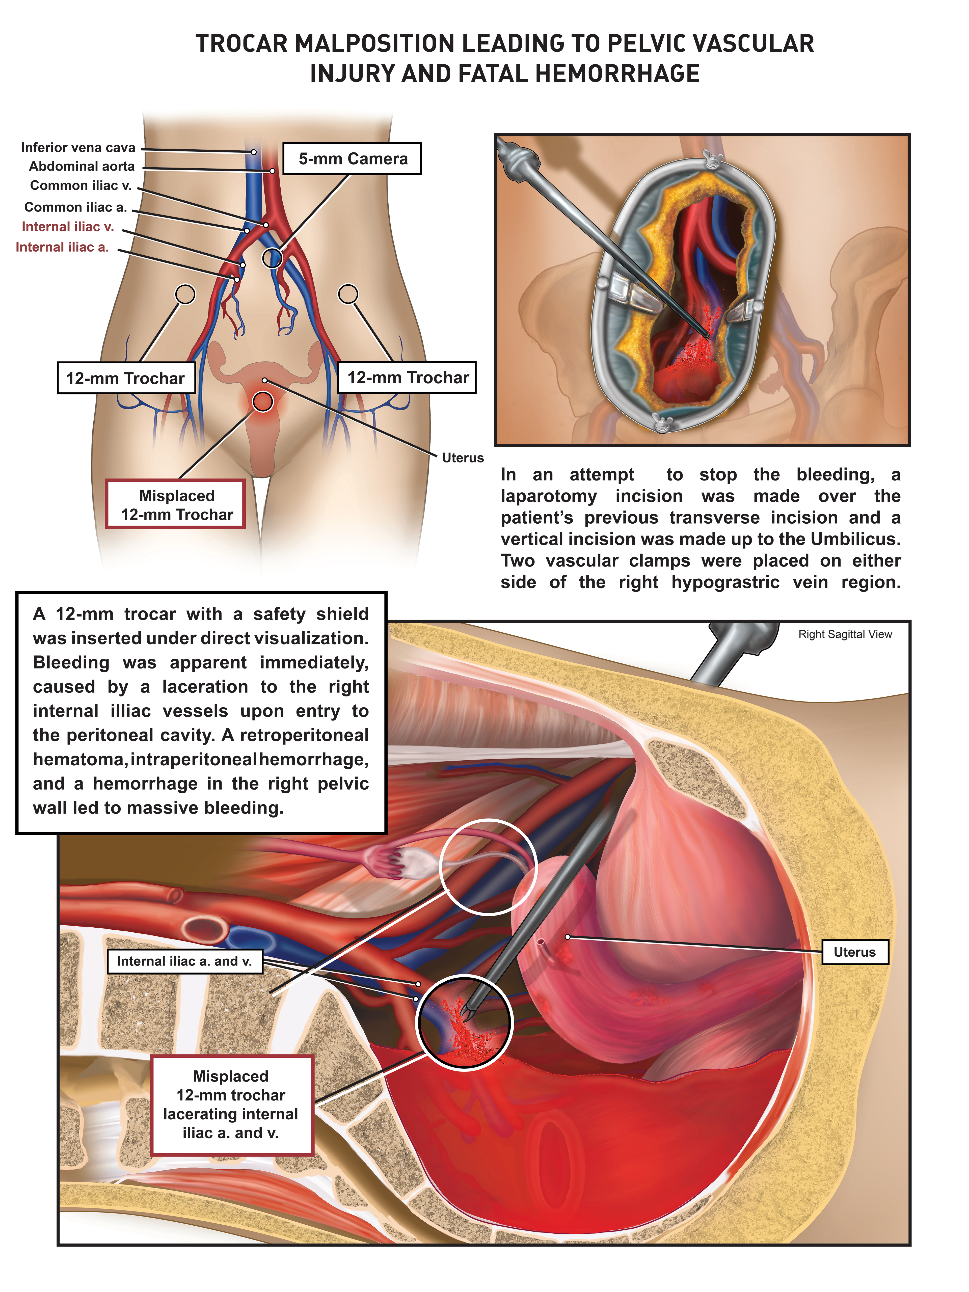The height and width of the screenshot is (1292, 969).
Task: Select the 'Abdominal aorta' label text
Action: (82, 167)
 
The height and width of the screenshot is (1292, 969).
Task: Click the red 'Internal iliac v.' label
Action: (68, 227)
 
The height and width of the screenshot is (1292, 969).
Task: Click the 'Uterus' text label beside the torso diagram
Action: (463, 458)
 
